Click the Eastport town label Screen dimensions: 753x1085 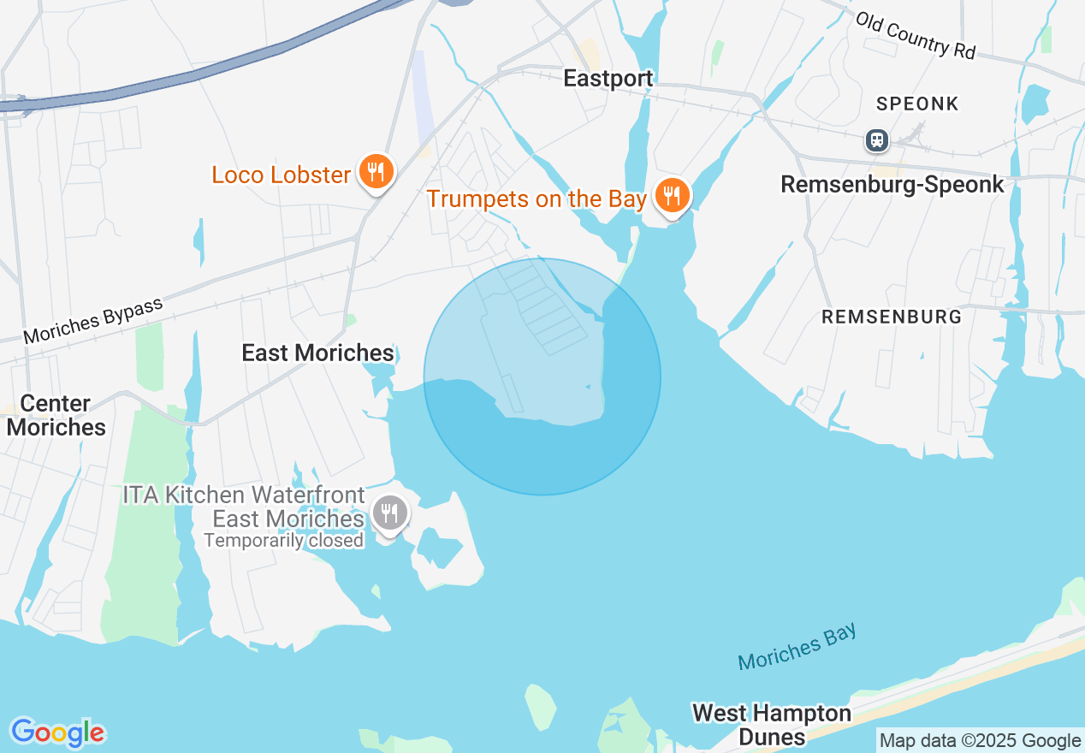608,79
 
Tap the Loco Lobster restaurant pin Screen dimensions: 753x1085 375,171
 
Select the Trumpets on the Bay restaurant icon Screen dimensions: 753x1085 673,196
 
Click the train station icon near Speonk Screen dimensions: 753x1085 876,140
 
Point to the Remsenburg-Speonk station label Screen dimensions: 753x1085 892,185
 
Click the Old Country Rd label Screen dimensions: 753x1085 915,35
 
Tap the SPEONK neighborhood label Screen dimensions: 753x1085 917,104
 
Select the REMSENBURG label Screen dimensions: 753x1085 891,317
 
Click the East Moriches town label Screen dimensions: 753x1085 317,353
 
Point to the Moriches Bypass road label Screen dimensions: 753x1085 92,321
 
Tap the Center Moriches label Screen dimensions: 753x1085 56,415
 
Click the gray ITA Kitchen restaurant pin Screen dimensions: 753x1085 390,514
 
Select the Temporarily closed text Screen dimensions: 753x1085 283,541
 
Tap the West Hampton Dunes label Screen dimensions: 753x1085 771,724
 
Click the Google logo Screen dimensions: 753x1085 57,732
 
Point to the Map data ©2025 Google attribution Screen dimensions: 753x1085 980,740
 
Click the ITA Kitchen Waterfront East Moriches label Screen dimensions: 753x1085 245,507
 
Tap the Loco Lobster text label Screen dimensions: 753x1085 281,175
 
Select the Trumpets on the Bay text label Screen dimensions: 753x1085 537,199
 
